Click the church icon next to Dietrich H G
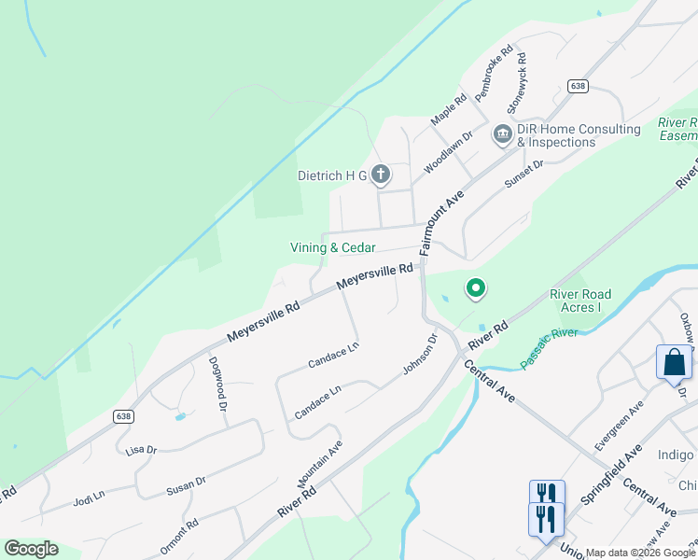pyautogui.click(x=380, y=174)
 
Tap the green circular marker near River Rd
pyautogui.click(x=475, y=289)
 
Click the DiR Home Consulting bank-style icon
pyautogui.click(x=503, y=135)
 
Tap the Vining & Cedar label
pyautogui.click(x=333, y=247)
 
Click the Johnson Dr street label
pyautogui.click(x=420, y=356)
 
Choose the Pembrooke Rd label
pyautogui.click(x=494, y=74)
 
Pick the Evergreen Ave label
pyautogui.click(x=624, y=423)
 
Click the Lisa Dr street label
pyautogui.click(x=140, y=449)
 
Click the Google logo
pyautogui.click(x=31, y=549)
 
